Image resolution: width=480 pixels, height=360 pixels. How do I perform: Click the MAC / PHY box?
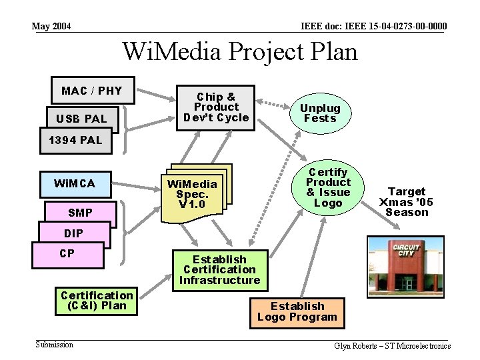[92, 91]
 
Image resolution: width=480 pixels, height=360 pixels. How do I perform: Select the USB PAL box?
[81, 119]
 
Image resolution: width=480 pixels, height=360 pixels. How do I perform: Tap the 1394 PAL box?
[75, 140]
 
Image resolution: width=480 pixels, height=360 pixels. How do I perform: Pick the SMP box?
[80, 213]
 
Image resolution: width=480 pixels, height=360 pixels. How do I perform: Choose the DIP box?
[73, 234]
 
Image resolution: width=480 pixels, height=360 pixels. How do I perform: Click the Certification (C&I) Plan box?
[97, 301]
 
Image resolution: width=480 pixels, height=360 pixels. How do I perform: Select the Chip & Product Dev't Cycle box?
[216, 107]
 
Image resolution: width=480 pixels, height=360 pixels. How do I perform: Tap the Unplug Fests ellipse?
[320, 113]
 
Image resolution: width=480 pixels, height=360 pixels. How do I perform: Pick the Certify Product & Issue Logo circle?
[328, 187]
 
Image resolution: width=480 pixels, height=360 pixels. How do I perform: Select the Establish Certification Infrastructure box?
[219, 270]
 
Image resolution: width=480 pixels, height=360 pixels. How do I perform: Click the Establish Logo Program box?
[297, 312]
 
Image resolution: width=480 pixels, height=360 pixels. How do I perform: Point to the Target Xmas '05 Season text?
[406, 201]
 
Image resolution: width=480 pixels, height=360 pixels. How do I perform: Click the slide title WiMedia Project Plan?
[240, 51]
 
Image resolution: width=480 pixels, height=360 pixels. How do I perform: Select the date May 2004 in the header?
[51, 27]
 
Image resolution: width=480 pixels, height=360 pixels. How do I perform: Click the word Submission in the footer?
[55, 345]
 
